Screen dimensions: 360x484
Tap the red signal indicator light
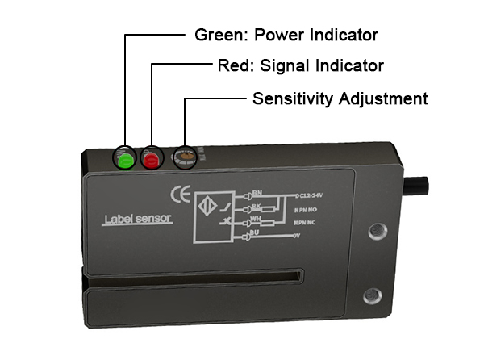pos(151,159)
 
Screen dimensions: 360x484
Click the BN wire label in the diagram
pos(256,192)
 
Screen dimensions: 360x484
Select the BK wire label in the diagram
pos(256,205)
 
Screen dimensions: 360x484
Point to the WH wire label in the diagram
pos(256,218)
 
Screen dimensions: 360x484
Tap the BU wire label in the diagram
pos(256,231)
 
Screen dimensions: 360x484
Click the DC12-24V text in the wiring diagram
pos(313,195)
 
